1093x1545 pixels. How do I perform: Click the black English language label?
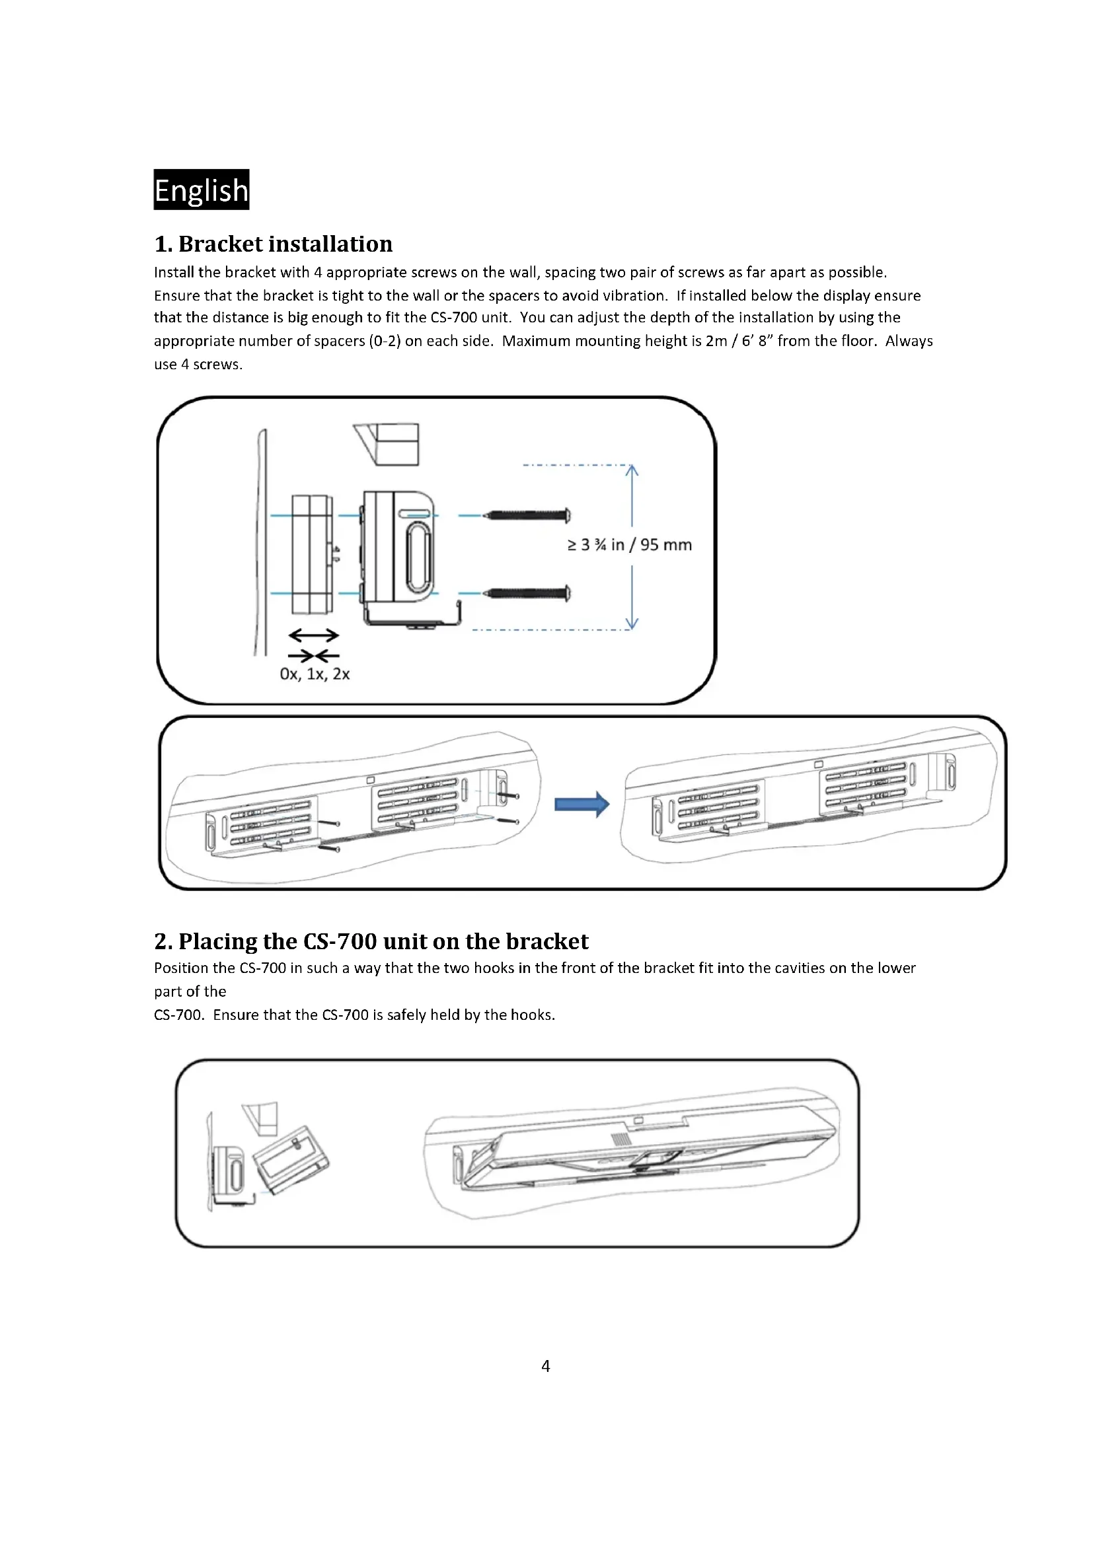[202, 190]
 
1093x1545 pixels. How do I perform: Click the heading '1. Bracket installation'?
[274, 244]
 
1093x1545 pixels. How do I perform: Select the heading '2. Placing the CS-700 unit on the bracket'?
[371, 941]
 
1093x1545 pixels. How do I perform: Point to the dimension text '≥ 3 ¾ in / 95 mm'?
[629, 544]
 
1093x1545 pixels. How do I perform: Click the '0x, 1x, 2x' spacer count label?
[315, 674]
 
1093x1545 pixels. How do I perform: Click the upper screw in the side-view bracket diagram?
[529, 516]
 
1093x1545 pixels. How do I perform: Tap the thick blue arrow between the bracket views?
[582, 803]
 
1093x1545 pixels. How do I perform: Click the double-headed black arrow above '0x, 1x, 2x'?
[314, 635]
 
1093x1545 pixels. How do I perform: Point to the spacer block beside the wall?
[313, 554]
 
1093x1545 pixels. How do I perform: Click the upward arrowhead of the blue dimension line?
[631, 470]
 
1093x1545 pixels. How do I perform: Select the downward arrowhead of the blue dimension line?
[631, 622]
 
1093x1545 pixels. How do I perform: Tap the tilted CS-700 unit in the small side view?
[291, 1159]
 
